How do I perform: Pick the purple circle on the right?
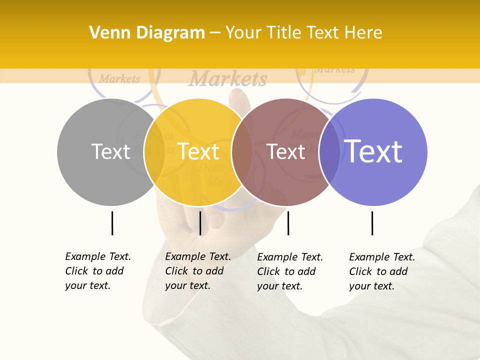tap(380, 180)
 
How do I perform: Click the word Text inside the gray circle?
tap(110, 152)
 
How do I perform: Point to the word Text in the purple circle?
tap(373, 151)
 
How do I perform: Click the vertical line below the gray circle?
tap(112, 223)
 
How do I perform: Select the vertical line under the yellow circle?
tap(200, 223)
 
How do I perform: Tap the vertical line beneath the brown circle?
tap(288, 223)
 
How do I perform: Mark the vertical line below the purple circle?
tap(372, 223)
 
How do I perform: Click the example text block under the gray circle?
tap(98, 271)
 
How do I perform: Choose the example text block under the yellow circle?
tap(198, 271)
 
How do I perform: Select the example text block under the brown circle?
tap(290, 271)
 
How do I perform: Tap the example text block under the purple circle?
tap(382, 271)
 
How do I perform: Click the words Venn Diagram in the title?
tap(147, 33)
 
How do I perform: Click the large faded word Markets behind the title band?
tap(228, 79)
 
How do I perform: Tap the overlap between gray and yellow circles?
tap(154, 152)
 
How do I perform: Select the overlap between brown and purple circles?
tap(330, 152)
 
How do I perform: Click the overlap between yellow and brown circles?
tap(242, 152)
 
